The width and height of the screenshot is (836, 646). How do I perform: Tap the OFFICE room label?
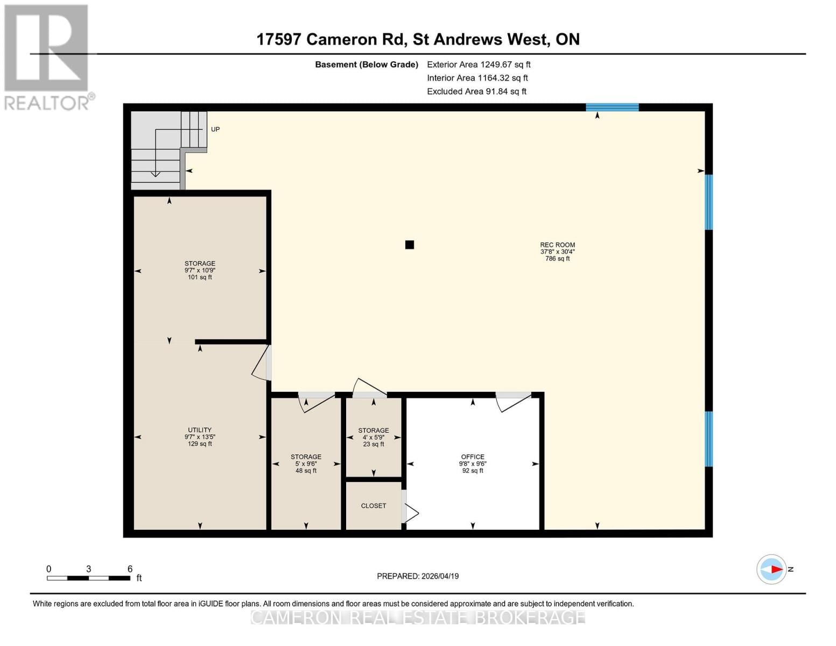coord(473,457)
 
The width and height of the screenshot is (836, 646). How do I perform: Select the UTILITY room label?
coord(200,430)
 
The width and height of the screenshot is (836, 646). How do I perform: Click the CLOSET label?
coord(374,506)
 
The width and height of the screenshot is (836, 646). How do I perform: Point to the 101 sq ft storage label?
coord(200,270)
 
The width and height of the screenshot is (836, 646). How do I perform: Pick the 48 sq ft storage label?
coord(306,464)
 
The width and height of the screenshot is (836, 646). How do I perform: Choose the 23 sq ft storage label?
coord(374,437)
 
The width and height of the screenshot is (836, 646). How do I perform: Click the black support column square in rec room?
coord(410,245)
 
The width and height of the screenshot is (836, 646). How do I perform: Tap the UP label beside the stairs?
coord(215,129)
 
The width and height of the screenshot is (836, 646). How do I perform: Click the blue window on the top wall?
coord(612,107)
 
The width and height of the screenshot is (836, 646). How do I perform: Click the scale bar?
coord(89,578)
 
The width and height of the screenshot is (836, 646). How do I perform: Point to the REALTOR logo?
coord(47,57)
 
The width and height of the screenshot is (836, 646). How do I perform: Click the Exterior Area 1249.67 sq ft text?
coord(479,65)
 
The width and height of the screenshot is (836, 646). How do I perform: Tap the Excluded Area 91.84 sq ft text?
coord(476,92)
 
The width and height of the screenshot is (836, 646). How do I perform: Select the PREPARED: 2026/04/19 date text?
coord(418,576)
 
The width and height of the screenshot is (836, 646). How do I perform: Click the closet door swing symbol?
coord(411,512)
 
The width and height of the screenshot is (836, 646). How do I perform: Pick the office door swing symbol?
coord(513,402)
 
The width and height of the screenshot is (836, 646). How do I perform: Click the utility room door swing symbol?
coord(262,364)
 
